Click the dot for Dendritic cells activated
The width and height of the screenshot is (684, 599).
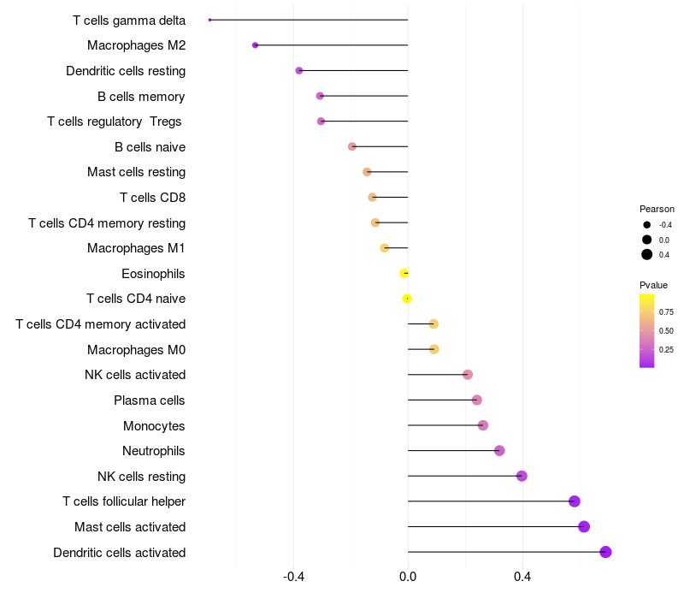click(x=605, y=552)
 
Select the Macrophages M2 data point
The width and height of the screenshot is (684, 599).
click(x=255, y=45)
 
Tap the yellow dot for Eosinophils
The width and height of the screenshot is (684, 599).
click(x=404, y=273)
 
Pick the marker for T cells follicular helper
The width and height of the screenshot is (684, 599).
click(x=575, y=501)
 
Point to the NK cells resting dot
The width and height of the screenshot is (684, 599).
click(x=522, y=476)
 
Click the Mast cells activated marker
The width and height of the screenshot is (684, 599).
click(x=584, y=526)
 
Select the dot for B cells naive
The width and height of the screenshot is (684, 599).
click(x=352, y=146)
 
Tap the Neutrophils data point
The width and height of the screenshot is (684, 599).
click(x=499, y=451)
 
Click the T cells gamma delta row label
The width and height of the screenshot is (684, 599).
click(x=129, y=20)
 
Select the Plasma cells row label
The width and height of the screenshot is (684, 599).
click(x=150, y=400)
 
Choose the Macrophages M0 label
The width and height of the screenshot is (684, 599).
click(x=137, y=350)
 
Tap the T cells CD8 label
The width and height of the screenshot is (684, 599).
click(x=153, y=198)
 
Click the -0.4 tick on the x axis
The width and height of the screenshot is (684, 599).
click(x=294, y=577)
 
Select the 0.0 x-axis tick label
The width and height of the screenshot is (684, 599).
click(x=408, y=577)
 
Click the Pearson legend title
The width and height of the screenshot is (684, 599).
click(x=657, y=209)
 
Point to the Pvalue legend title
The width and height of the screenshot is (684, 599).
click(x=654, y=285)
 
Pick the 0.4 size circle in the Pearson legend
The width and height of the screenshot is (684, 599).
click(x=647, y=254)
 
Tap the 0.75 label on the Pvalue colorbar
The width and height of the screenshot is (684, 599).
click(x=666, y=312)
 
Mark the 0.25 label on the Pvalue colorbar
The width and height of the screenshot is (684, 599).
click(x=666, y=349)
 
